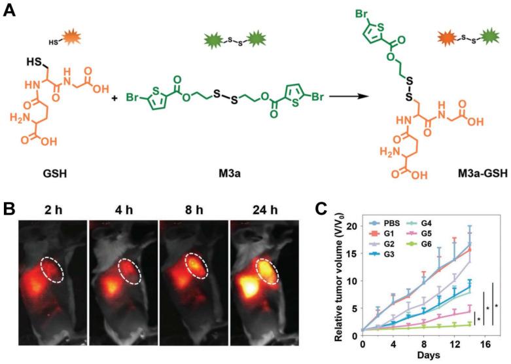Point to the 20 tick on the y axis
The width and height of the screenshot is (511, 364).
(353, 227)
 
